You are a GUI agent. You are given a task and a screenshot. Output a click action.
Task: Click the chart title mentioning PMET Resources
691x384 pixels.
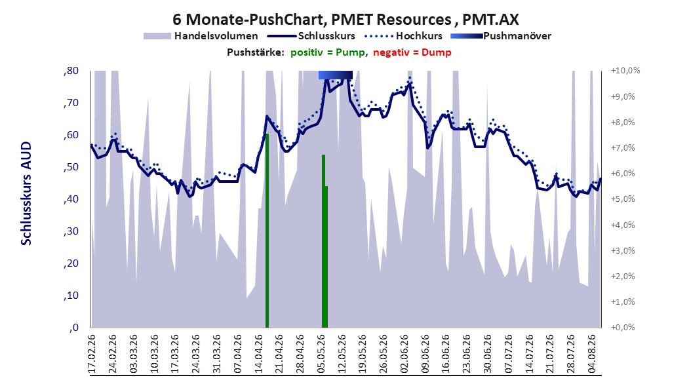[x=345, y=20]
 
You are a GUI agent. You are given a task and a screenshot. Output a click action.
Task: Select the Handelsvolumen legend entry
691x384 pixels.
[x=201, y=36]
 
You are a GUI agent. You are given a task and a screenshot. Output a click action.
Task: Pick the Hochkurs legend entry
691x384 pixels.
[x=403, y=36]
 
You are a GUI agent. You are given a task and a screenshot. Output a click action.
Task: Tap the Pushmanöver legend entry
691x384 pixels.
[x=501, y=36]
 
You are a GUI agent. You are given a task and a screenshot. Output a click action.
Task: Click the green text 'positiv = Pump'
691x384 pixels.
[x=328, y=52]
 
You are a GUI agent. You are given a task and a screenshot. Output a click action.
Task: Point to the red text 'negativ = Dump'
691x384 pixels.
[x=412, y=52]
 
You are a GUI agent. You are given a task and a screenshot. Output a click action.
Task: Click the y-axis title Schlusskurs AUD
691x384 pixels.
[x=26, y=193]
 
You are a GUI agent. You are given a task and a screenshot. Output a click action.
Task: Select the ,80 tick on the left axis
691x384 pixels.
[x=71, y=71]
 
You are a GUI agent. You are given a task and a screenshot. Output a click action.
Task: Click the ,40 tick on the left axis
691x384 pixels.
[x=71, y=199]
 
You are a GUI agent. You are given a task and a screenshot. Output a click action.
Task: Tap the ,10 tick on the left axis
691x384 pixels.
[x=71, y=296]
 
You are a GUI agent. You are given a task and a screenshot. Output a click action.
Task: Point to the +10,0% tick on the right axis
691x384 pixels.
[x=625, y=71]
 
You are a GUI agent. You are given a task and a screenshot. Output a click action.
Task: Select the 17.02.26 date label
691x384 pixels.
[x=92, y=354]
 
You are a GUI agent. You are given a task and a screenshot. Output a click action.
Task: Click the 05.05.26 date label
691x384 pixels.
[x=321, y=354]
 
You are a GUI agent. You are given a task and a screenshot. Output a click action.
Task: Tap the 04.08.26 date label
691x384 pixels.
[x=592, y=354]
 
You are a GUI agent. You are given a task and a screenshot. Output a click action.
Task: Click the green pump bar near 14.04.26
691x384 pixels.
[x=267, y=231]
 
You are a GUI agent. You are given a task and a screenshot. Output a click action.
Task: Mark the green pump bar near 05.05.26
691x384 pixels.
[x=325, y=241]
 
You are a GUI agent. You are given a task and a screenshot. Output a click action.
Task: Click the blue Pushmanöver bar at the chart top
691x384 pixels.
[x=336, y=75]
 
